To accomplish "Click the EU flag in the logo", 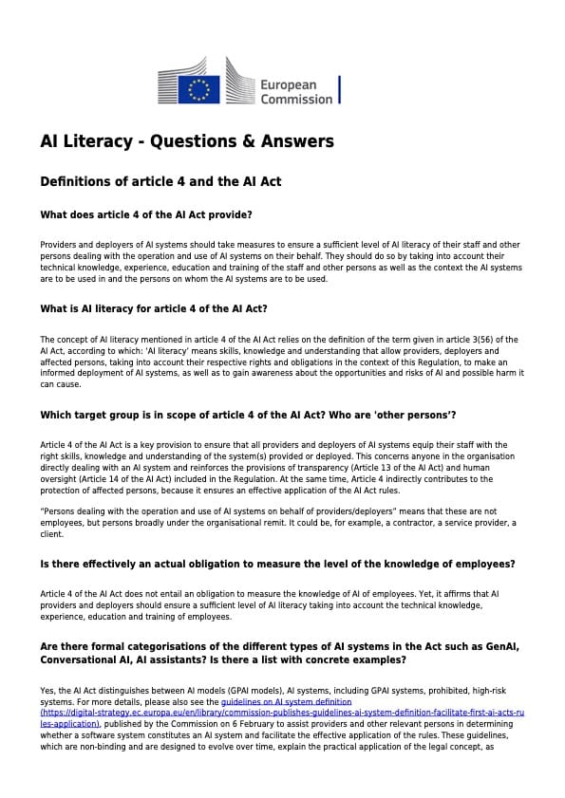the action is coord(199,89).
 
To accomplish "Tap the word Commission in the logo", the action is coord(296,99).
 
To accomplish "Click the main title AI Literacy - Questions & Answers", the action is coord(187,141).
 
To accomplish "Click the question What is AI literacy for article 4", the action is coord(153,308).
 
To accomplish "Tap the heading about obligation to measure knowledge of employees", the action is coord(277,564).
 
